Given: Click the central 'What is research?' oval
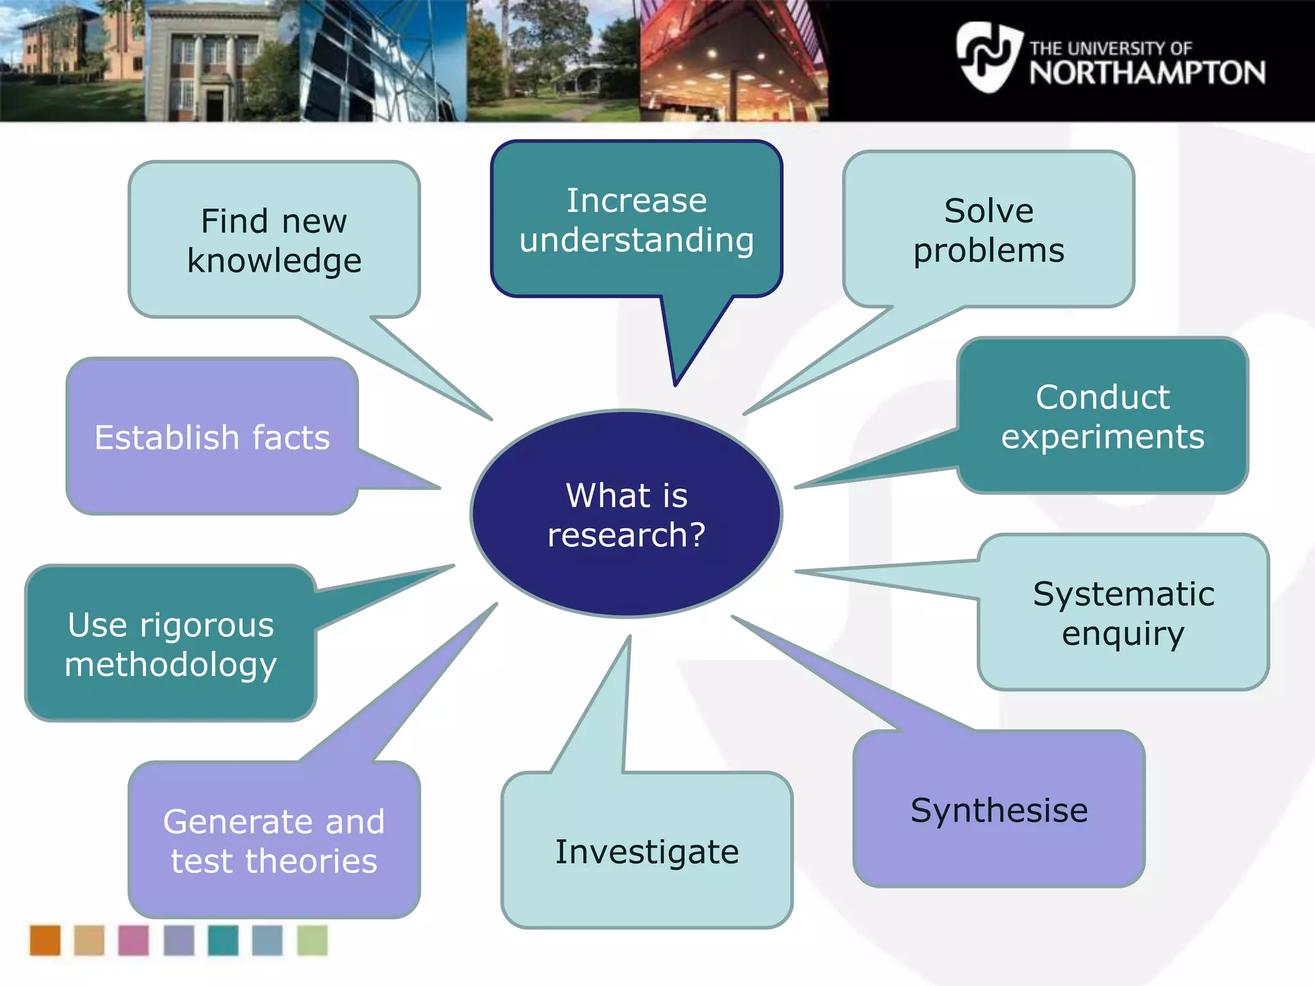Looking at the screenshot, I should [x=626, y=514].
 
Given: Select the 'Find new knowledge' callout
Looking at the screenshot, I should [x=274, y=240].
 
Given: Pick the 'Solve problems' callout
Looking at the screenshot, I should [x=989, y=230].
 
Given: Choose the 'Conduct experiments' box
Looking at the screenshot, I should [x=1102, y=416].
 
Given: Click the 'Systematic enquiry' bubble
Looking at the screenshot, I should [x=1123, y=612].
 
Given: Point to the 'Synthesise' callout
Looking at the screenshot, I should [x=999, y=809].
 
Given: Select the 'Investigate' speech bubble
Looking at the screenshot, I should [x=647, y=851].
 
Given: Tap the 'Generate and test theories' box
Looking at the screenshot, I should [x=274, y=840].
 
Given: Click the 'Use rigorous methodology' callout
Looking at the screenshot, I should [x=171, y=644].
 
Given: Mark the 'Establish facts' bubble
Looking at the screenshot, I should [x=212, y=437].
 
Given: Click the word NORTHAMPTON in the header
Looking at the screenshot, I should [x=1147, y=73].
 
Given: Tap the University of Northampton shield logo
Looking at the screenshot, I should [x=988, y=57].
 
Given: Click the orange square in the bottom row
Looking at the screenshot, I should [x=45, y=940].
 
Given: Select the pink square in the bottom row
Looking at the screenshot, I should [x=134, y=940].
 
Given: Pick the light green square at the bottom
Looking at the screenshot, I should [x=312, y=940].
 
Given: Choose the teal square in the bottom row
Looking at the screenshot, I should [x=223, y=940].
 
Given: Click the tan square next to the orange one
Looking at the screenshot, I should [x=89, y=940].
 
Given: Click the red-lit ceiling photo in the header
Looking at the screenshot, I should [x=732, y=61].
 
